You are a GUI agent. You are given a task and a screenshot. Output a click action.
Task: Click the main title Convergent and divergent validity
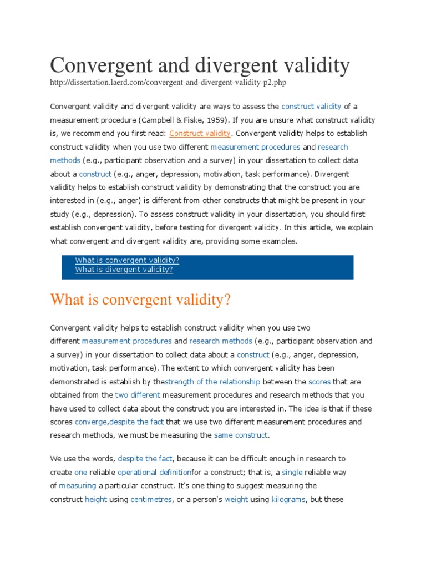coord(200,65)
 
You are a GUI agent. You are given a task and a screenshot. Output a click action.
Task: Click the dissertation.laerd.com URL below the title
coord(169,83)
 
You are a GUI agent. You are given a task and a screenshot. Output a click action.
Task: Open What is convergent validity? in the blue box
coord(127,260)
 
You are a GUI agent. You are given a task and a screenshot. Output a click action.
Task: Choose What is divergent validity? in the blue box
coord(124,270)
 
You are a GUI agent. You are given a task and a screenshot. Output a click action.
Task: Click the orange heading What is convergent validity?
coord(140,300)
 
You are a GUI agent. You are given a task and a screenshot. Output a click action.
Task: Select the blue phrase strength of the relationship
coord(213,382)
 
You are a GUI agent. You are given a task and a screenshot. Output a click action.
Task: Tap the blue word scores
coord(319,382)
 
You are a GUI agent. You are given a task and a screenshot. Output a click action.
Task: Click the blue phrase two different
coord(138,395)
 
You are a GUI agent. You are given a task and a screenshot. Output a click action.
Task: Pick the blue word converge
coord(90,422)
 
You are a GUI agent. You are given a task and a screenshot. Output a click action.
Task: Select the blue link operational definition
coord(154,472)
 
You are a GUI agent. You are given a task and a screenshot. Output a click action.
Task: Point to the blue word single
coord(292,472)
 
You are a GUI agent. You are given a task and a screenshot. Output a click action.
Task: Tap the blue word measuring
coord(78,486)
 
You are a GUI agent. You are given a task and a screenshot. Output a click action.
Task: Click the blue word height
coord(95,499)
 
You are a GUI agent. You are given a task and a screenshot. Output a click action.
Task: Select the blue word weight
coord(236,499)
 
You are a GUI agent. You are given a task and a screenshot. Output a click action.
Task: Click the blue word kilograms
coord(288,499)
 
